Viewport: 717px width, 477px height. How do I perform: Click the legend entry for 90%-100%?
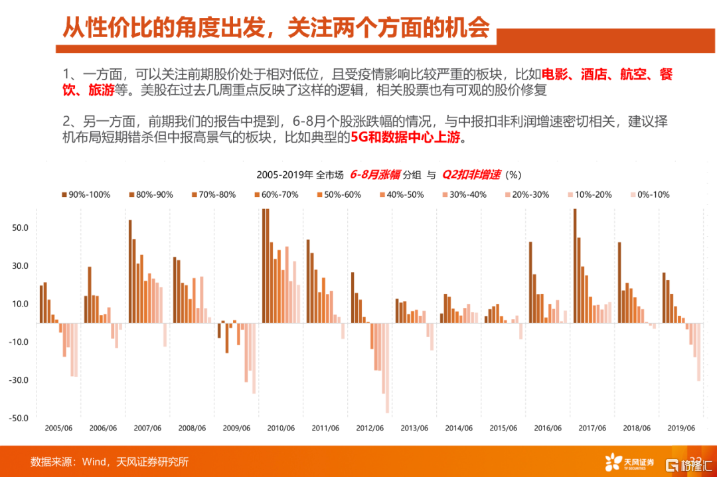pos(87,194)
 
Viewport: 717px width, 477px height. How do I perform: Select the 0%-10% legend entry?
pos(650,194)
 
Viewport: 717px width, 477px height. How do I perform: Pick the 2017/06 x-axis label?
pos(594,428)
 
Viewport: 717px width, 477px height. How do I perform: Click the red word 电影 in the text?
pos(555,74)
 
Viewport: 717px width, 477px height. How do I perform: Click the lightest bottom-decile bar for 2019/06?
pos(698,352)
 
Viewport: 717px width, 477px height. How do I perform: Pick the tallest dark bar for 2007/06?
pos(130,271)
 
